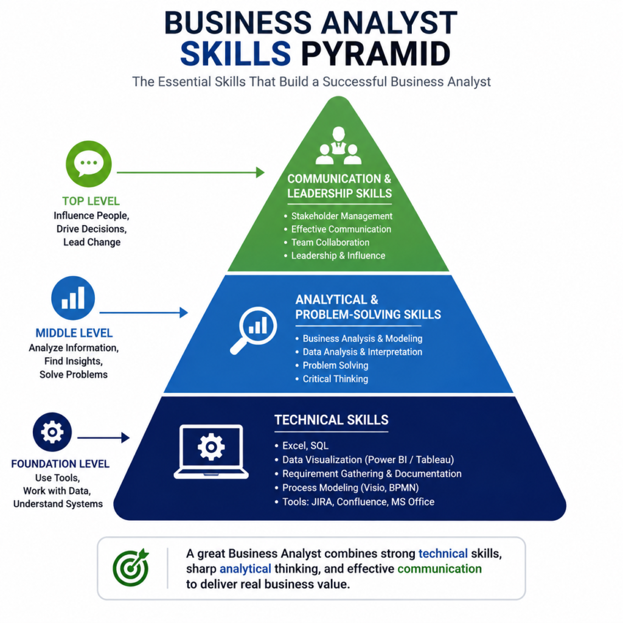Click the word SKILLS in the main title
[x=235, y=54]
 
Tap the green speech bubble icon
[x=89, y=164]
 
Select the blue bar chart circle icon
[x=73, y=298]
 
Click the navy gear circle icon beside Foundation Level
[x=52, y=432]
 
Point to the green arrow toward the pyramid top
[x=190, y=172]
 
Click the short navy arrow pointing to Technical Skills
[x=103, y=437]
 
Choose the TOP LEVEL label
[x=91, y=201]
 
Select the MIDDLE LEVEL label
[x=74, y=333]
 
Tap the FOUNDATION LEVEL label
[x=60, y=464]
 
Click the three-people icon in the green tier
[x=338, y=146]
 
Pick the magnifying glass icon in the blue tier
[x=254, y=330]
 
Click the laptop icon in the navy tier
[x=211, y=451]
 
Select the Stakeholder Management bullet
[x=338, y=216]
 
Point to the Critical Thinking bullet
[x=332, y=379]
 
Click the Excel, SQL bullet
[x=302, y=446]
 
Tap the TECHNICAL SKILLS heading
[x=332, y=420]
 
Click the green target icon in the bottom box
[x=131, y=568]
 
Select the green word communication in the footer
[x=439, y=569]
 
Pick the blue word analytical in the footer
[x=245, y=569]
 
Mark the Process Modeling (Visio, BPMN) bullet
[x=346, y=487]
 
